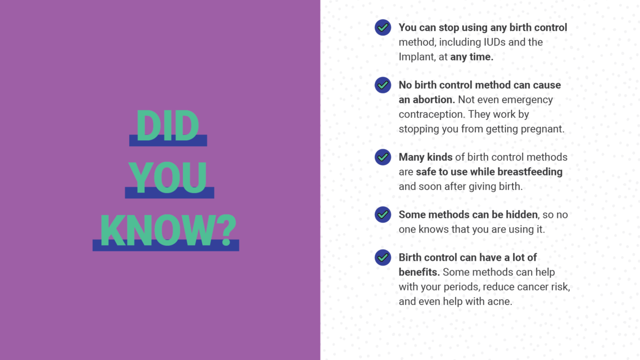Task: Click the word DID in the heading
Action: click(167, 126)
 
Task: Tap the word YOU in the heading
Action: click(167, 178)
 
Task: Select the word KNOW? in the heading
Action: click(169, 230)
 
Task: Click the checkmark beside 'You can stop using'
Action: click(383, 27)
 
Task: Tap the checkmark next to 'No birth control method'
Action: click(383, 85)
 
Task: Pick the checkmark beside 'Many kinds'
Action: click(383, 157)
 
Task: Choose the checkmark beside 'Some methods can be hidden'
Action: click(383, 214)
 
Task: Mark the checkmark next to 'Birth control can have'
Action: click(383, 258)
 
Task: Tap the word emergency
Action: click(527, 100)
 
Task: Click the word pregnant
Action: click(542, 130)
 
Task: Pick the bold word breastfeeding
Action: click(530, 172)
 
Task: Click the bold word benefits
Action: click(419, 272)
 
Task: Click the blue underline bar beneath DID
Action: click(168, 141)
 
